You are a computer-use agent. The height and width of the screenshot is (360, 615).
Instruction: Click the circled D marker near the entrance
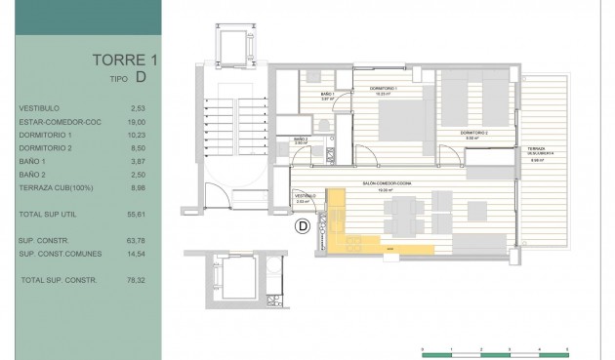click(303, 226)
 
